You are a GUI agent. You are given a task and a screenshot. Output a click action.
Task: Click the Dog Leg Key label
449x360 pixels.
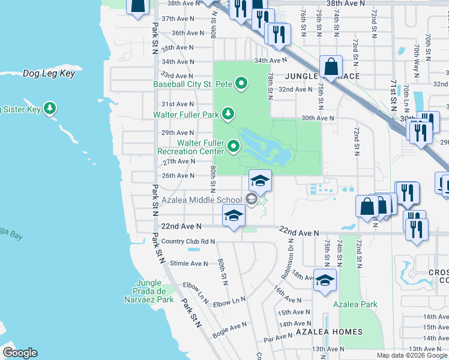click(49, 74)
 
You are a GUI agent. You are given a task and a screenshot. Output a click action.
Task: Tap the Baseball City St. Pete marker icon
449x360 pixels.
click(241, 83)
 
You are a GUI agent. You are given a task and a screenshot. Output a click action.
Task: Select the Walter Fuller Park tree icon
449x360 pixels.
click(228, 113)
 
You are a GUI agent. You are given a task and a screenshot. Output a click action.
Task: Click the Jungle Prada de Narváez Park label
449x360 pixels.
click(148, 291)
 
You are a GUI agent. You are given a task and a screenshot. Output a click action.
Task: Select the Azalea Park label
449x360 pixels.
click(357, 304)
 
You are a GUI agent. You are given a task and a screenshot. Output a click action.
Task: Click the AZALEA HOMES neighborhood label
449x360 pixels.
click(329, 331)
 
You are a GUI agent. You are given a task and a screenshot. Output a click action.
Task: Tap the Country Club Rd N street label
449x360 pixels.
click(188, 242)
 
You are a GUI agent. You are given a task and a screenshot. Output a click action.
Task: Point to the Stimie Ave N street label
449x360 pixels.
click(188, 263)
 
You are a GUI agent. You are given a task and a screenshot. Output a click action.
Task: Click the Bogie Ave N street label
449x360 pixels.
click(230, 326)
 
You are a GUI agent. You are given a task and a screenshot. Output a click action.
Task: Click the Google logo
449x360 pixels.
click(20, 353)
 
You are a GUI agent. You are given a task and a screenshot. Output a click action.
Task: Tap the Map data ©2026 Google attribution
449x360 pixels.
click(411, 355)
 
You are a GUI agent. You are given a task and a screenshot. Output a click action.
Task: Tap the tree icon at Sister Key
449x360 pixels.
click(50, 109)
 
